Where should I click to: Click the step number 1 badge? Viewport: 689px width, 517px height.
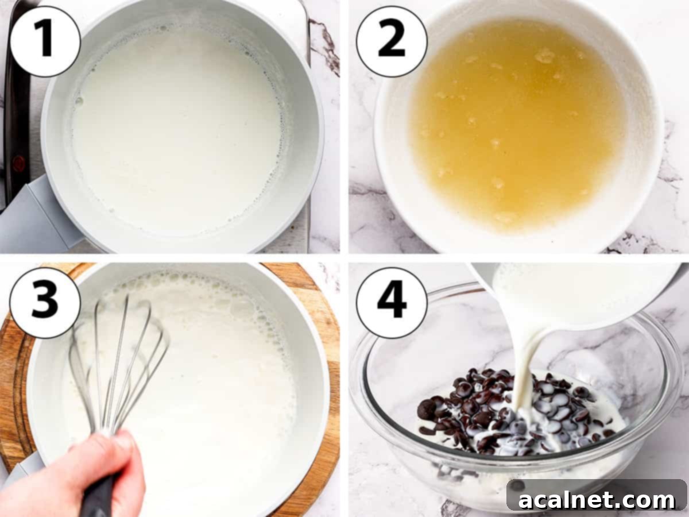click(x=45, y=41)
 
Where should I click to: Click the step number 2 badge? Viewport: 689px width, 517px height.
click(x=392, y=41)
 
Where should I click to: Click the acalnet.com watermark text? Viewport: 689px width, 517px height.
click(x=597, y=500)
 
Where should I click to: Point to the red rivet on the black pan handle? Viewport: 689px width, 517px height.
click(x=18, y=163)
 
